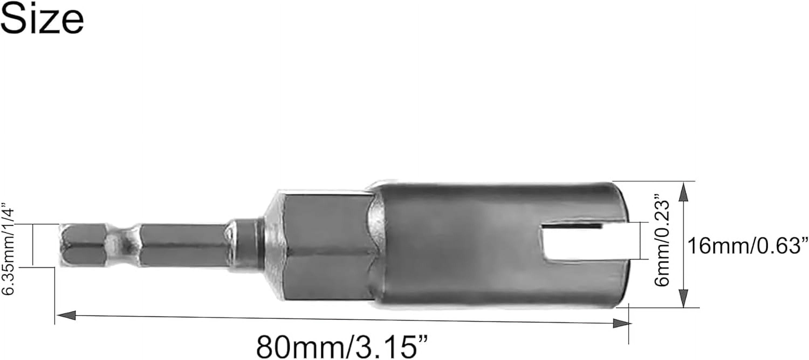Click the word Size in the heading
click(x=42, y=19)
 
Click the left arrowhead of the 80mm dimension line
click(x=66, y=315)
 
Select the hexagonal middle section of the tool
click(x=327, y=248)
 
